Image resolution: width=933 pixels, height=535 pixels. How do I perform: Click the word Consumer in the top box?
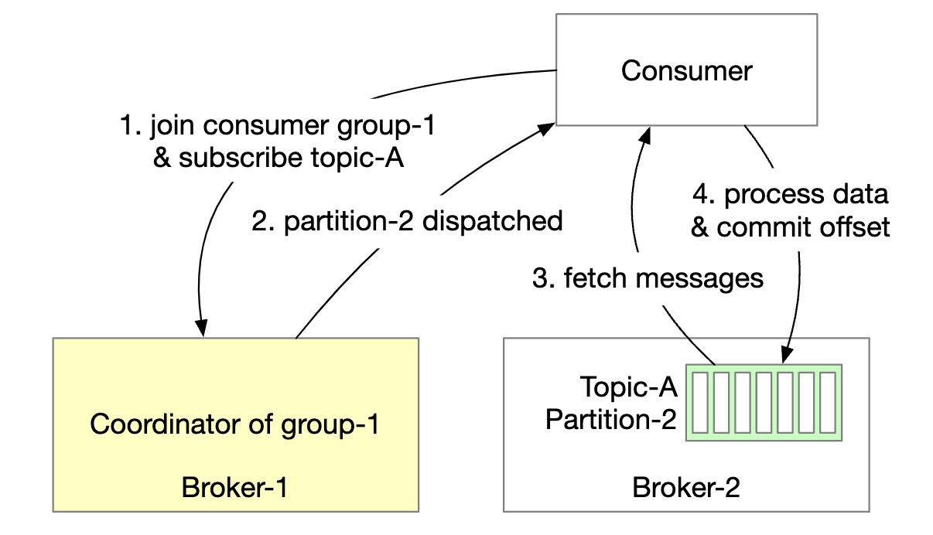[686, 71]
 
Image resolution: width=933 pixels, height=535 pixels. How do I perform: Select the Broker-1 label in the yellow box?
[234, 488]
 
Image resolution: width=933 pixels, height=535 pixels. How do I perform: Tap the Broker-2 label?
[685, 488]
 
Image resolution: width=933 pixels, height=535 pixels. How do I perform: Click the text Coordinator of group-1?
[234, 424]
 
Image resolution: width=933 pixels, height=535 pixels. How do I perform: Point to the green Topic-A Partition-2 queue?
[764, 402]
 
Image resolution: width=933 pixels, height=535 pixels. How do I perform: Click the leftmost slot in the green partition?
[700, 402]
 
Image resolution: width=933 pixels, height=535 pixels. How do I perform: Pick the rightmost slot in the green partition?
[828, 402]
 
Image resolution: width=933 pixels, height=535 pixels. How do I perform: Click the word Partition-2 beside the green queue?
[611, 420]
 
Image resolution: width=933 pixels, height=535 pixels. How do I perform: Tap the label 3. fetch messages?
[648, 278]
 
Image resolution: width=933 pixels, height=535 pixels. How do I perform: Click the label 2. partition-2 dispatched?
[407, 221]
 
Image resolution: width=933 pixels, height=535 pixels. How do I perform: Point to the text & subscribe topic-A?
[279, 158]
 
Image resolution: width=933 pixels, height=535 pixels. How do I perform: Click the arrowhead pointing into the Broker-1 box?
[203, 329]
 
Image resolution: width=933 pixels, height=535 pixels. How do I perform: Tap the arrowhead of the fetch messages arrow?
[641, 137]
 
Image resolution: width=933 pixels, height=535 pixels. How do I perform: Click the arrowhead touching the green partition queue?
[786, 356]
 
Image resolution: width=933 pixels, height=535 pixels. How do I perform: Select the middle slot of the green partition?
[764, 402]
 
